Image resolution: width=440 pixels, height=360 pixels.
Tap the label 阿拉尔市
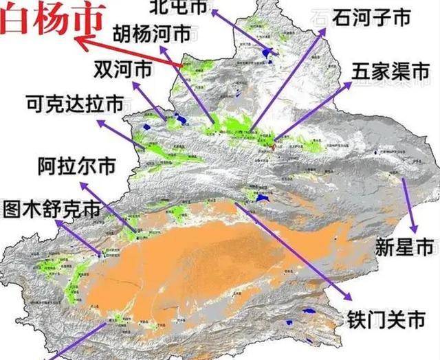pos(75,166)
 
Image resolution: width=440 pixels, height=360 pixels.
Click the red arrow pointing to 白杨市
pos(131,53)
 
